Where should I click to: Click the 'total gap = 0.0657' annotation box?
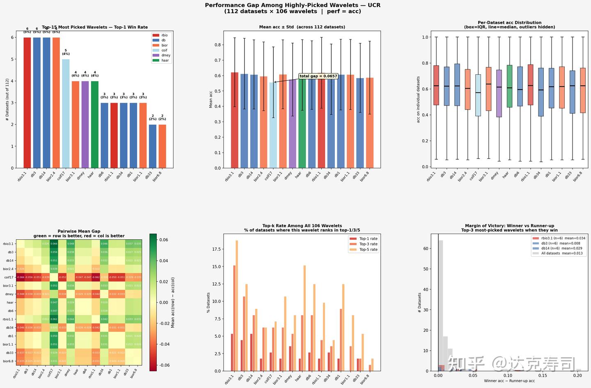click(318, 76)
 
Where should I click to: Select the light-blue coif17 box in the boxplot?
click(478, 95)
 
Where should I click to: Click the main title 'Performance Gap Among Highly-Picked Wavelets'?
click(293, 5)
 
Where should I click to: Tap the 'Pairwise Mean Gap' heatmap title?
click(79, 232)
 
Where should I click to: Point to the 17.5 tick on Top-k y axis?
click(218, 249)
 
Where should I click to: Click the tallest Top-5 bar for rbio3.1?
click(237, 305)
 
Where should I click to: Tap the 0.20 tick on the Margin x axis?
click(577, 376)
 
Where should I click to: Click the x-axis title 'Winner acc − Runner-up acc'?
click(509, 381)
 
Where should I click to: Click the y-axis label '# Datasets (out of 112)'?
click(7, 99)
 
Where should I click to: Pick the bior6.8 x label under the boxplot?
click(578, 177)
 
